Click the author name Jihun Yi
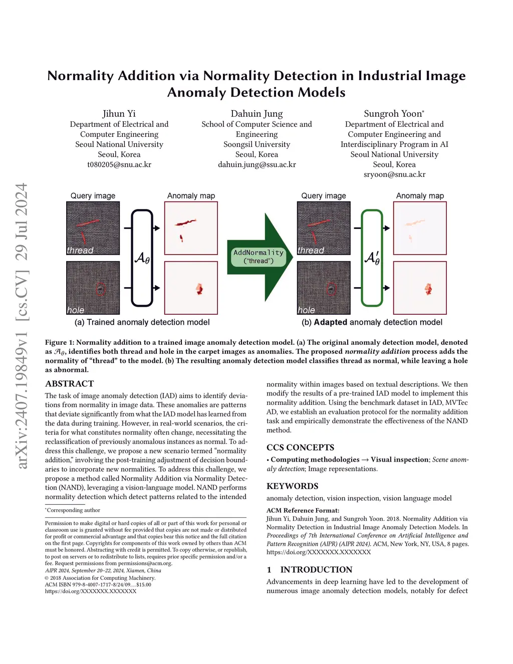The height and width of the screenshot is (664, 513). [119, 114]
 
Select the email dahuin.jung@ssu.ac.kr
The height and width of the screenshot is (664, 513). [256, 164]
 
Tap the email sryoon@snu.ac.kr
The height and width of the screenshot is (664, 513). [394, 174]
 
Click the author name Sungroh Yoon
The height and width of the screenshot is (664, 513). [393, 114]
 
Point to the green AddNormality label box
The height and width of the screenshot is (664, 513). [259, 256]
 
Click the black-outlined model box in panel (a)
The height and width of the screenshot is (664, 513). [142, 258]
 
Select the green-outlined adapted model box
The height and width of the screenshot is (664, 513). [372, 258]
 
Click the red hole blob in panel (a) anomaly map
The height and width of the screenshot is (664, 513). [199, 288]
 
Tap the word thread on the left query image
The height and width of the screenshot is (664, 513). [80, 250]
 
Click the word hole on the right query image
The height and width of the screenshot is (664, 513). [306, 310]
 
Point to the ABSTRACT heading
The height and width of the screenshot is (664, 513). [70, 384]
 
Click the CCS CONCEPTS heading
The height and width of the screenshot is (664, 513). [300, 448]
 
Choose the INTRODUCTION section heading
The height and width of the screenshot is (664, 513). [316, 570]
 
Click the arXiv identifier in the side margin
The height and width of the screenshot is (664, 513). [22, 326]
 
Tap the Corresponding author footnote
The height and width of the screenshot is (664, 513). [73, 510]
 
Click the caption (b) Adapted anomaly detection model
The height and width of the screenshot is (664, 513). [372, 322]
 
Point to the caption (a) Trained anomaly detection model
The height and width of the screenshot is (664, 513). [142, 322]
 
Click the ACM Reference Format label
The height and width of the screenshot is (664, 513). [303, 510]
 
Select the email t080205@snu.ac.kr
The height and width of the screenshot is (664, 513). [119, 164]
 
